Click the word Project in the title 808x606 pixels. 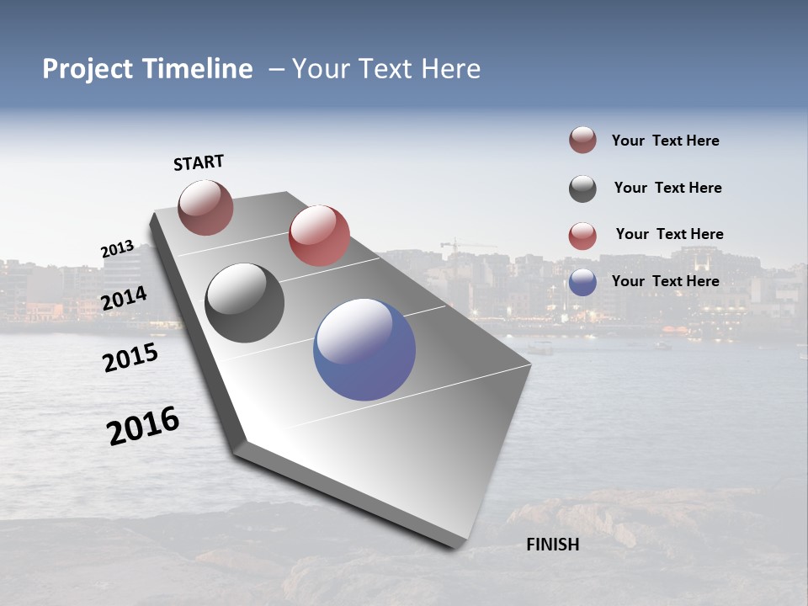click(x=88, y=69)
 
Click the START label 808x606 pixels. click(x=199, y=162)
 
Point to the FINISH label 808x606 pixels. click(x=552, y=545)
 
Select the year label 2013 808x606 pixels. click(x=117, y=249)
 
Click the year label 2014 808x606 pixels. click(x=124, y=298)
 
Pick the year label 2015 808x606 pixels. click(x=130, y=359)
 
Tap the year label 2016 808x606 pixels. click(x=143, y=426)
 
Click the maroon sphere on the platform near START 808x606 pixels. click(x=205, y=207)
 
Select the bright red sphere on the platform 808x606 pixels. click(x=319, y=236)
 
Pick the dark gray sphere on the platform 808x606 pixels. click(x=244, y=303)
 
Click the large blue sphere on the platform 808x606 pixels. click(x=364, y=349)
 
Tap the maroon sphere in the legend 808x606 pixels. click(x=582, y=141)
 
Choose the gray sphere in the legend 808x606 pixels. click(x=582, y=189)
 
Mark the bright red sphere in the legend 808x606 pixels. click(x=582, y=236)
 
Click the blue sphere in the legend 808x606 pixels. click(x=582, y=282)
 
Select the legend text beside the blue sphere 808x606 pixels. click(x=665, y=281)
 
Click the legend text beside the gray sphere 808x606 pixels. click(x=667, y=188)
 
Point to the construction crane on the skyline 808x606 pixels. click(x=455, y=246)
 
